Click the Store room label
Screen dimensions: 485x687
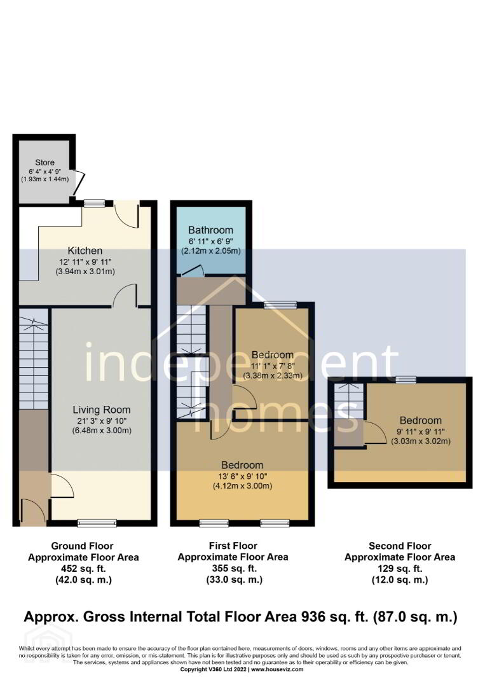[44, 163]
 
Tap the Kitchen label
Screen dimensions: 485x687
[85, 251]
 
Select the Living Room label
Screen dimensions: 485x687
[102, 410]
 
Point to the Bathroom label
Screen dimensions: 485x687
[210, 230]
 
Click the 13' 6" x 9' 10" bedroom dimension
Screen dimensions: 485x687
[242, 476]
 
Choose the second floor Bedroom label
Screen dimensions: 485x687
[421, 420]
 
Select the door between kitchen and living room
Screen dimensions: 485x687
[126, 295]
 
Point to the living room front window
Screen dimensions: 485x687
[97, 522]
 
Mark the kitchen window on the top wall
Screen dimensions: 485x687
[95, 203]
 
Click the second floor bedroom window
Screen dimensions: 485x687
[406, 380]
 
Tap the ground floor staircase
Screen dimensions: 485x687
[34, 358]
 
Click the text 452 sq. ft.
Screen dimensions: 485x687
[83, 569]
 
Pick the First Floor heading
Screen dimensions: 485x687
[233, 546]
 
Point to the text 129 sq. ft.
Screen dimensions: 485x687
[400, 569]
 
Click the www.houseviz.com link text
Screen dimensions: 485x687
[277, 669]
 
